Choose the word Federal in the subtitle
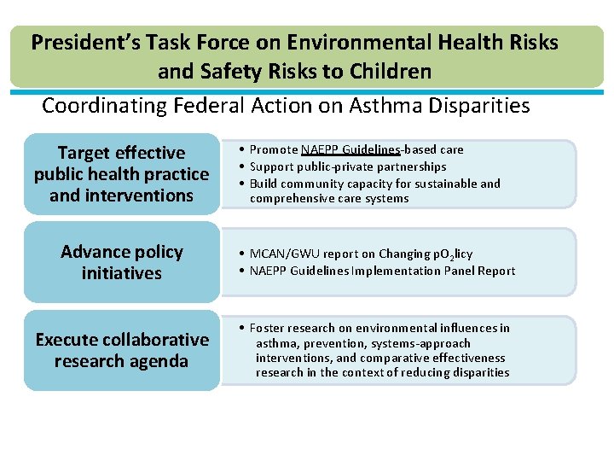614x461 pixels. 208,106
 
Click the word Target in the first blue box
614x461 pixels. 83,153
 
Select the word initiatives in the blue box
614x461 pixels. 121,273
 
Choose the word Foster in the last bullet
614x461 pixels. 267,328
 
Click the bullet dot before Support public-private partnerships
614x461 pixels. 242,166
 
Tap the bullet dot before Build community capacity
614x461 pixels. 242,184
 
